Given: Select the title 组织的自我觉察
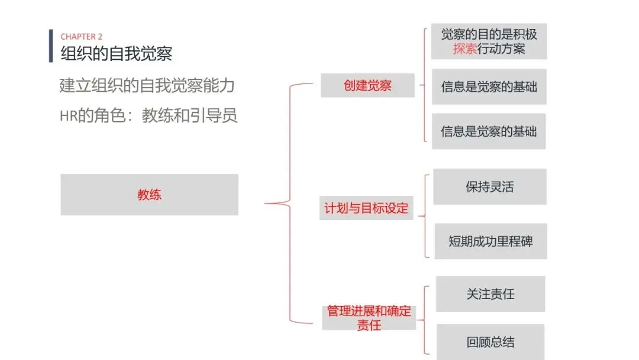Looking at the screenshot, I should (x=117, y=54).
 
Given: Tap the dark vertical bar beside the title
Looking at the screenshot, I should (x=51, y=46).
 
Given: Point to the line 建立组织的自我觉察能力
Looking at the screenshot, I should (x=147, y=85).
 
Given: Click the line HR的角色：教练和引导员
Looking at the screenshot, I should (x=149, y=115).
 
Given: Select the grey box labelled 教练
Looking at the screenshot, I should (x=149, y=194).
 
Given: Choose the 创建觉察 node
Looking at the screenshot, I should (x=367, y=85).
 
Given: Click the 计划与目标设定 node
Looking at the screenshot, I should (x=366, y=208).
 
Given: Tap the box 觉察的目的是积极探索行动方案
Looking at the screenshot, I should (x=489, y=41).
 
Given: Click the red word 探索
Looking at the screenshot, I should (x=465, y=49).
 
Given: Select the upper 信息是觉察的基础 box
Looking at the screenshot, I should (x=489, y=87).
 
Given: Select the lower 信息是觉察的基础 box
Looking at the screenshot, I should (x=489, y=131).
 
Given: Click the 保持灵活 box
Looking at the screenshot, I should (x=489, y=187).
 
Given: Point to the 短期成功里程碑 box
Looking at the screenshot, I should (x=490, y=241).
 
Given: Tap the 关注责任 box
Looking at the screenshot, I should (x=490, y=294).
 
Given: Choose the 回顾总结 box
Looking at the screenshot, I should (x=490, y=342).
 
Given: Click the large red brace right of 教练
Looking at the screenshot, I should (x=289, y=204).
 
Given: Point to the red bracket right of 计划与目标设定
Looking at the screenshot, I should (x=426, y=216).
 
